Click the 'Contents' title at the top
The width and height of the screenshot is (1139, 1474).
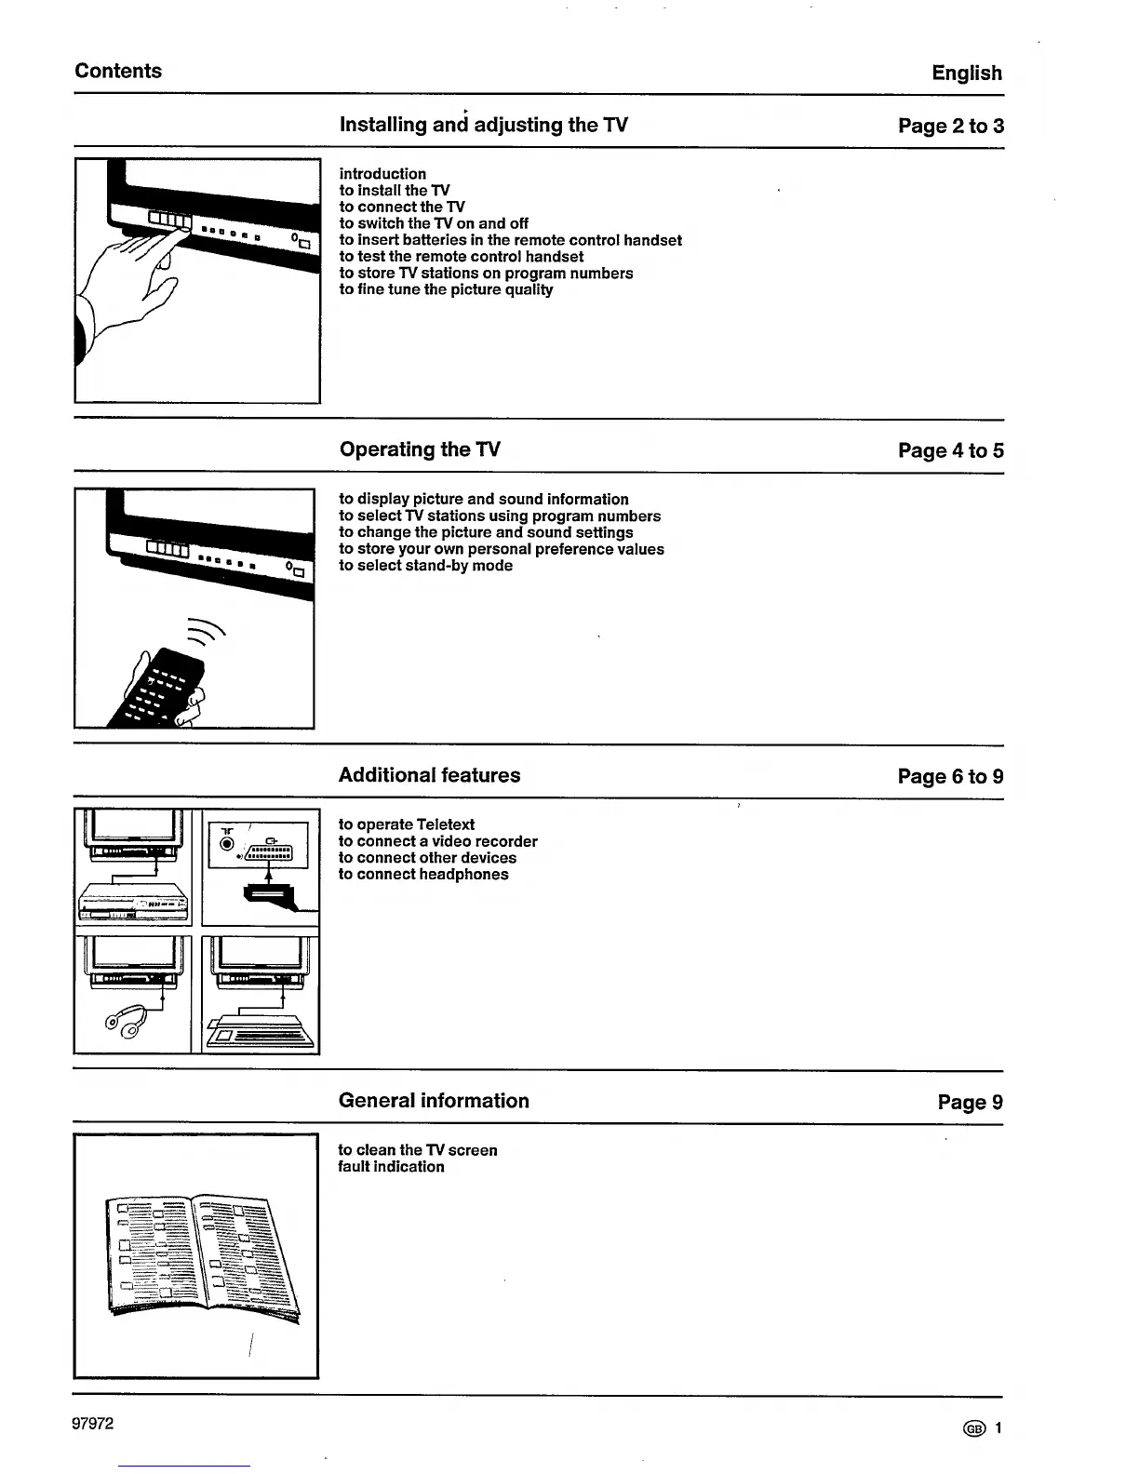click(118, 71)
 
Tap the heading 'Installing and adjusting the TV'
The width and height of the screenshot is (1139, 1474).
click(483, 125)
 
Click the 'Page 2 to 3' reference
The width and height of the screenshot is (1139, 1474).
click(950, 126)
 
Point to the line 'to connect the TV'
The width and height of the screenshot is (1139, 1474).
click(401, 207)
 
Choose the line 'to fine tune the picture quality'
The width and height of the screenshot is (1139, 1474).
click(446, 289)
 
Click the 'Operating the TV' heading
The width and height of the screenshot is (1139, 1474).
click(420, 449)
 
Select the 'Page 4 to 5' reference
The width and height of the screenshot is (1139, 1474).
click(950, 450)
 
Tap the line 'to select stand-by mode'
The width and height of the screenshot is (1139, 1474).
click(425, 566)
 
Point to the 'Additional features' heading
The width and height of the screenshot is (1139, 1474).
click(429, 775)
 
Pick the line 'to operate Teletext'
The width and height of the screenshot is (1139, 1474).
click(406, 824)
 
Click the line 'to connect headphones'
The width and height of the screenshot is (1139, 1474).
click(422, 875)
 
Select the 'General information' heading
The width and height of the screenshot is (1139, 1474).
click(434, 1101)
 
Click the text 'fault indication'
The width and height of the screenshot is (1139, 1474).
click(391, 1167)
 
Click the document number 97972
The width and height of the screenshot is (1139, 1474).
click(93, 1424)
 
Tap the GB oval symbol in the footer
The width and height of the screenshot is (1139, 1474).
click(974, 1429)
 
